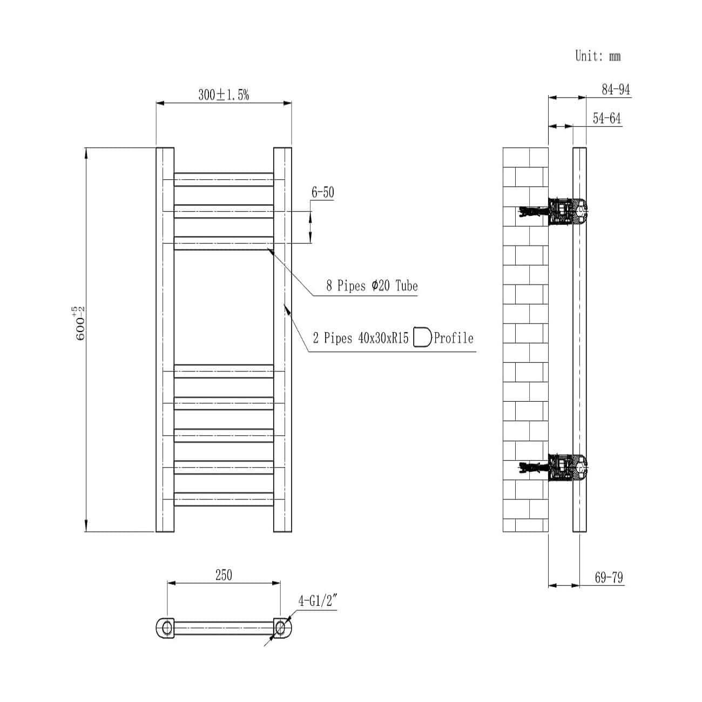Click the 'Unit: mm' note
(x=598, y=56)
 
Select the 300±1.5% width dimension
(x=224, y=95)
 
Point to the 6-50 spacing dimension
(x=322, y=192)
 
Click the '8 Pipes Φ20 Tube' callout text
(x=372, y=286)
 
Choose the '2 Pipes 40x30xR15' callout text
(x=360, y=339)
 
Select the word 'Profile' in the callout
(x=454, y=339)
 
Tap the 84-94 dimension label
(x=616, y=90)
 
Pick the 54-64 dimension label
(x=607, y=119)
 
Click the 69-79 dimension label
(x=609, y=578)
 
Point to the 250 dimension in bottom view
(x=224, y=575)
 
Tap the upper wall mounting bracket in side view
(x=564, y=211)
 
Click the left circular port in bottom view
(x=167, y=627)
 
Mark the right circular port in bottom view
(x=280, y=627)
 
